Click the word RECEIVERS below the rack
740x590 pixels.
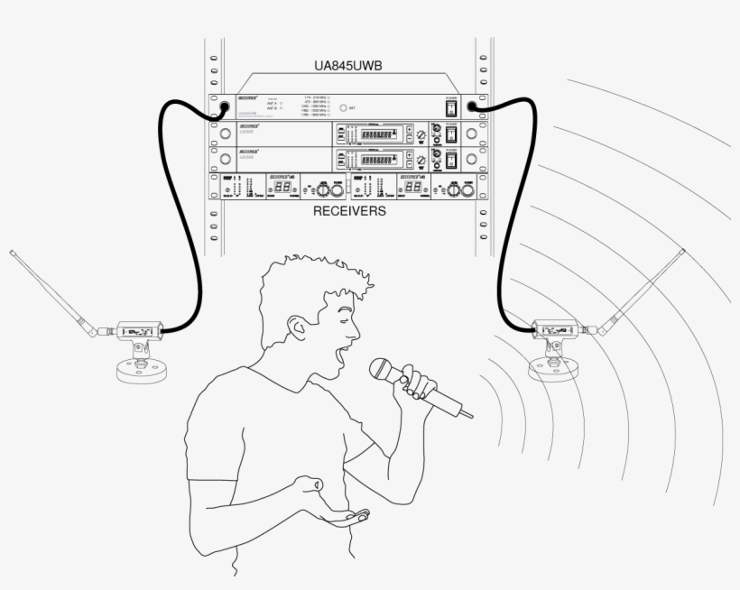click(x=350, y=212)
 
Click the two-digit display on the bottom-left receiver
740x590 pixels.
click(x=282, y=187)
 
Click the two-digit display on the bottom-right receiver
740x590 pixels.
click(x=413, y=187)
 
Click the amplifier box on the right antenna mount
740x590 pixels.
click(x=555, y=327)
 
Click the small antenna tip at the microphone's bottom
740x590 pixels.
click(x=467, y=414)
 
